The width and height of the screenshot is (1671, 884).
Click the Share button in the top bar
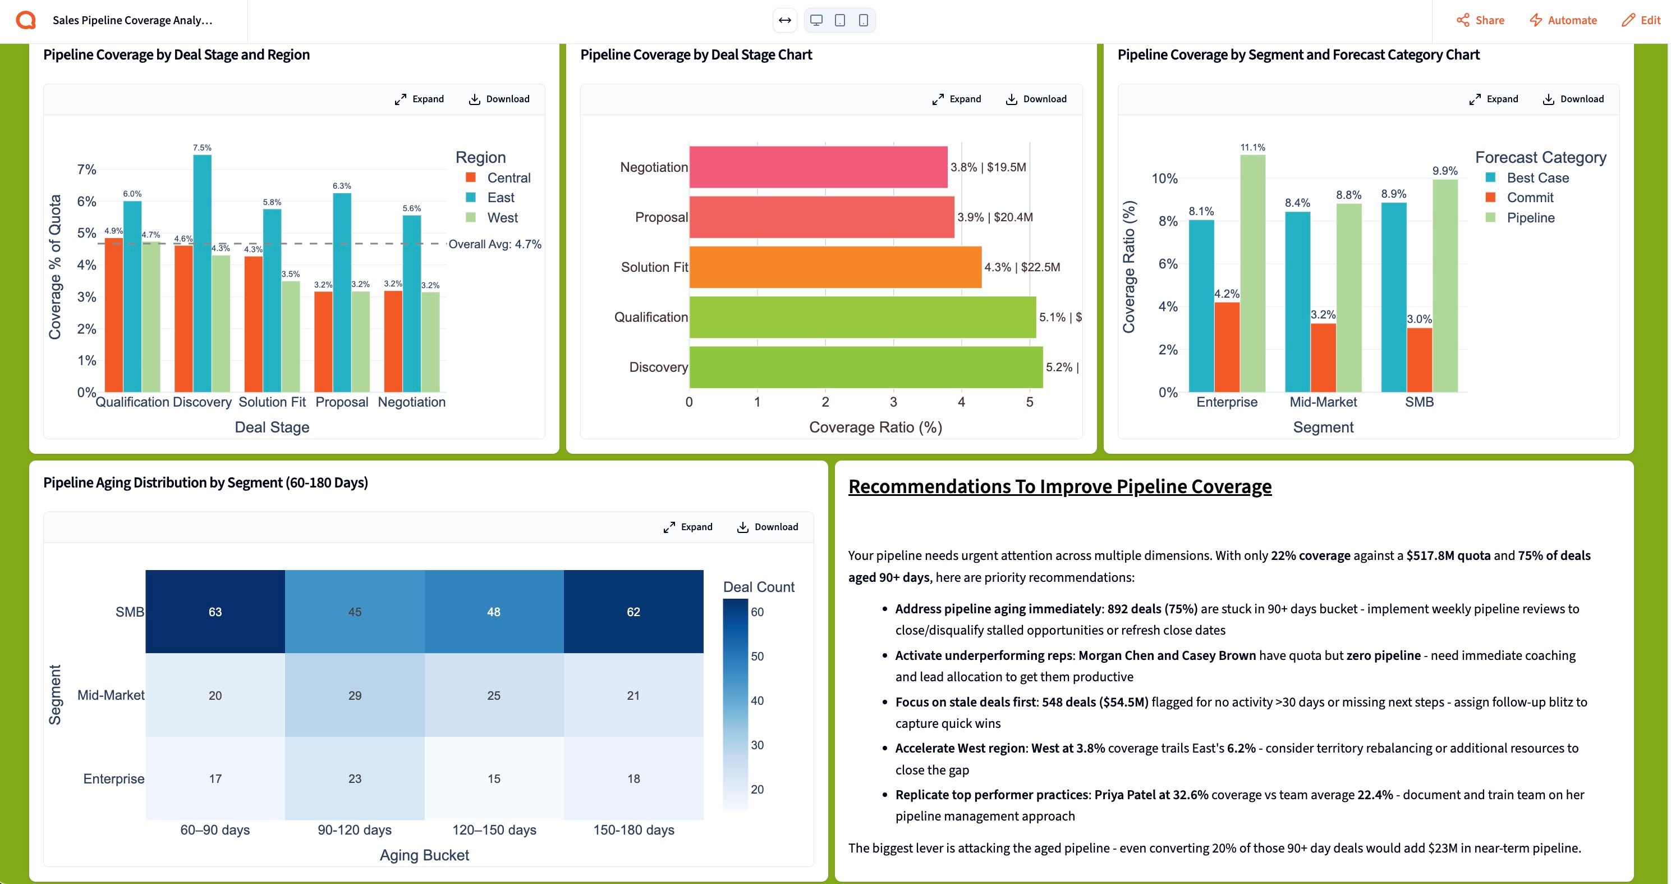(1480, 20)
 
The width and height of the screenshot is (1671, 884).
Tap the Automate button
(1563, 20)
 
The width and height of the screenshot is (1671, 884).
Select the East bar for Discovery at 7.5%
(203, 272)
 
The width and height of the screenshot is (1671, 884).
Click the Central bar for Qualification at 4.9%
(114, 315)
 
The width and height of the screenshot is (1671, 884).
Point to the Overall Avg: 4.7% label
(495, 244)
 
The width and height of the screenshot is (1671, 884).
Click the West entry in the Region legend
(502, 217)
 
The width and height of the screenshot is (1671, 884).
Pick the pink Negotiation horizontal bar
(818, 167)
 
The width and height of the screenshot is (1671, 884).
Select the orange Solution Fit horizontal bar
(835, 267)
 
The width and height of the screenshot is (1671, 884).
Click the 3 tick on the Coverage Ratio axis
(893, 402)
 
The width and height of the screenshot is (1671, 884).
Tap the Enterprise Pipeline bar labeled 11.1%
(1252, 272)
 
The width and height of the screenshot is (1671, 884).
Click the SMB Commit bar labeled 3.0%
(1419, 359)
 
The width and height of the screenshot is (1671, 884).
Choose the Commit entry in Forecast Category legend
(1530, 197)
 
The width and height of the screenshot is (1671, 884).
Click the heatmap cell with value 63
(215, 612)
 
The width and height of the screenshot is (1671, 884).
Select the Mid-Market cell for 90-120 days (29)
(354, 695)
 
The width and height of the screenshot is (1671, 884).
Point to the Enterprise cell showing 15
(494, 778)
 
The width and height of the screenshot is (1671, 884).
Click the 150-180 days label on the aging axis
(633, 830)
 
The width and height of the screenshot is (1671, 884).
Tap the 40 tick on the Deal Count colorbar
(757, 700)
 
